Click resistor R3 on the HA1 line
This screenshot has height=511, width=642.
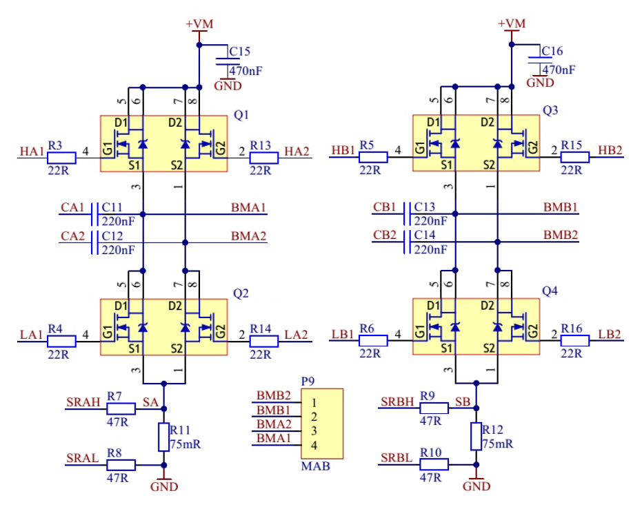coord(61,158)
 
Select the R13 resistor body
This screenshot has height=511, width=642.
coord(264,158)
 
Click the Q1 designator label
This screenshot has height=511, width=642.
coord(241,114)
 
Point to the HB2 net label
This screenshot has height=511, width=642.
coord(610,150)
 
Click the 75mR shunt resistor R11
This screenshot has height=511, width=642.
coord(163,437)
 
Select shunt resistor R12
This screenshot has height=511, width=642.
coord(476,437)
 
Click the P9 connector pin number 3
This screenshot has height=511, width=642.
coord(314,431)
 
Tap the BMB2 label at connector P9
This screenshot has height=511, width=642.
coord(274,395)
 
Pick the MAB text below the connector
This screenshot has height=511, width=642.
coord(315,466)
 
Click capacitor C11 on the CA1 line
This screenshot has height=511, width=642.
coord(94,214)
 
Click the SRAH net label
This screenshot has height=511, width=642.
coord(82,401)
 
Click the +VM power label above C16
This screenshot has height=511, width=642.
coord(511,23)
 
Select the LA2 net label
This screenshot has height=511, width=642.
coord(298,334)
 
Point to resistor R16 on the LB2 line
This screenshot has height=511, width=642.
coord(575,340)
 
